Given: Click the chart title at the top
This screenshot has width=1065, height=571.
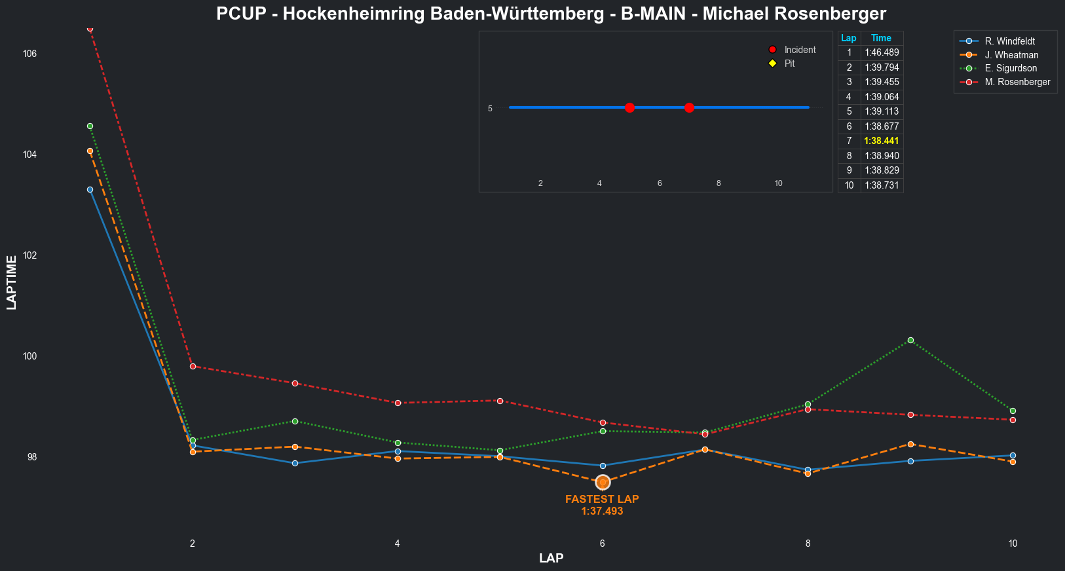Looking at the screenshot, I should (x=551, y=14).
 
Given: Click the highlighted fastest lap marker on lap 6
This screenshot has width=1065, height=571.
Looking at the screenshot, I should (x=603, y=483).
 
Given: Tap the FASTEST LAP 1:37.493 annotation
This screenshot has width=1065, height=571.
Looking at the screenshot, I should (x=602, y=505).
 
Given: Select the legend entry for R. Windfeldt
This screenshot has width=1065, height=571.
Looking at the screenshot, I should (x=1009, y=41).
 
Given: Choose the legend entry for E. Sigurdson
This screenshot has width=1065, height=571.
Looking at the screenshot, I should (x=1011, y=68).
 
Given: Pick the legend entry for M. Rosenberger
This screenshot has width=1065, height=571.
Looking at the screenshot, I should (x=1017, y=82).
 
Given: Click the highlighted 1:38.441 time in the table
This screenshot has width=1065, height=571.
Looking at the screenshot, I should (x=882, y=141).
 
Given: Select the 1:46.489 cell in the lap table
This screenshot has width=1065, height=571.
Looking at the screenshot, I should (x=882, y=52).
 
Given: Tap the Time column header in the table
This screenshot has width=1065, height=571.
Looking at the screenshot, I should (x=881, y=38).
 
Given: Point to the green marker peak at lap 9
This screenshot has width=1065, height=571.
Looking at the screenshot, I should (x=910, y=340).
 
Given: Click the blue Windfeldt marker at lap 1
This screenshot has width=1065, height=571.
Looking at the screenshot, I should (x=90, y=189).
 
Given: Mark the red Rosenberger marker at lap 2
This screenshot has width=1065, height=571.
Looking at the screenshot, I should (x=193, y=366).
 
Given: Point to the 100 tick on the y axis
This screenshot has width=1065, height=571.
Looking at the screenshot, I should (x=30, y=356).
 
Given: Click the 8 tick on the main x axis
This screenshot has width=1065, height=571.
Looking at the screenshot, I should (x=808, y=543).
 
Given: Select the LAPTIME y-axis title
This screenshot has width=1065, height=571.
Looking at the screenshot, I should (x=11, y=282).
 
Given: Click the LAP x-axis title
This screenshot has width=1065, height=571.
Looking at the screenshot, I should (x=551, y=559).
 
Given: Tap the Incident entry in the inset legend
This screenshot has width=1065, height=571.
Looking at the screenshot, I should (x=800, y=50).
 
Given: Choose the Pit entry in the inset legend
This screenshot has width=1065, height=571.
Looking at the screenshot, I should (x=789, y=64).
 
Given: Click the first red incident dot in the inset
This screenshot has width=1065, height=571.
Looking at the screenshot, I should (x=629, y=107).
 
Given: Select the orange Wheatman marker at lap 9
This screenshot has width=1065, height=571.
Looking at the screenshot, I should (x=910, y=444).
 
